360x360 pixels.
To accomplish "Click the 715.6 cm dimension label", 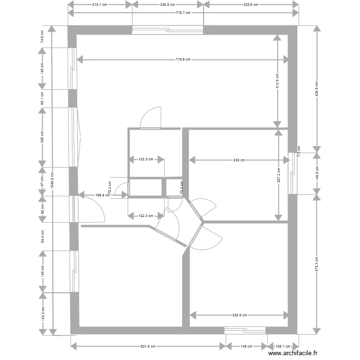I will (x=183, y=60).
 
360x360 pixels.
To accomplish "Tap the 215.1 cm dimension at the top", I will (x=100, y=4).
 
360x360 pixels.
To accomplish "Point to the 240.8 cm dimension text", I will (x=168, y=4).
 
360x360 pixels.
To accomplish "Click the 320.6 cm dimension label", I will (x=251, y=4).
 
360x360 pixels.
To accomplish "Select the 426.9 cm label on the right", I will (x=316, y=88).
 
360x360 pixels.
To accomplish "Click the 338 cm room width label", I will (x=239, y=160).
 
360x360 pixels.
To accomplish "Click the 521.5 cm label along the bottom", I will (x=147, y=346).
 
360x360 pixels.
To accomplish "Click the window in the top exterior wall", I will (x=168, y=30).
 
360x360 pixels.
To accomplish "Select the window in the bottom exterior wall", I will (x=245, y=330).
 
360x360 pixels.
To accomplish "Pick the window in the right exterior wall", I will (x=292, y=173).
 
